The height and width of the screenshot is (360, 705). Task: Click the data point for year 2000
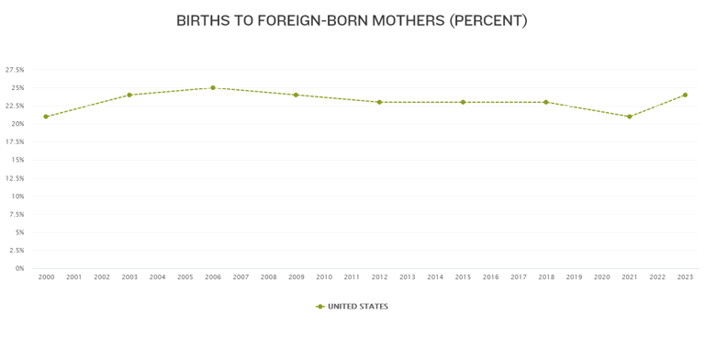46,117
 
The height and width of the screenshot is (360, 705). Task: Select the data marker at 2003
129,95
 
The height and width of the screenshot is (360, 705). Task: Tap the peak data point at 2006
213,88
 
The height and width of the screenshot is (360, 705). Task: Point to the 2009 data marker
296,95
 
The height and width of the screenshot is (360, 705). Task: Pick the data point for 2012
379,102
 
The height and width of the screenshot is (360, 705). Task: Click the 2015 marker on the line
463,102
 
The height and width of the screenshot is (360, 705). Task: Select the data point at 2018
546,102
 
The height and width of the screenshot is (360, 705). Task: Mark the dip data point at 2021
630,117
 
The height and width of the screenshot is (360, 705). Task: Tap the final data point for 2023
685,95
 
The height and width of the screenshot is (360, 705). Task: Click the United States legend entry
352,307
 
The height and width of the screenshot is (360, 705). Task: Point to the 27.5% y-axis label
15,70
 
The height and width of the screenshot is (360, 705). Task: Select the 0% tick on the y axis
19,268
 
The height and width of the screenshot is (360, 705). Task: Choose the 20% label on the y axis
17,124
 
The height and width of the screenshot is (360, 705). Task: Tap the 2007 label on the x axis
241,276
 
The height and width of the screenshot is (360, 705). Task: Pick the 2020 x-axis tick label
601,276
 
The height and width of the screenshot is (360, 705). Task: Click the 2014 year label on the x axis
435,276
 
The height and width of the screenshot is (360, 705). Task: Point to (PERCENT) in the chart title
488,20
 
